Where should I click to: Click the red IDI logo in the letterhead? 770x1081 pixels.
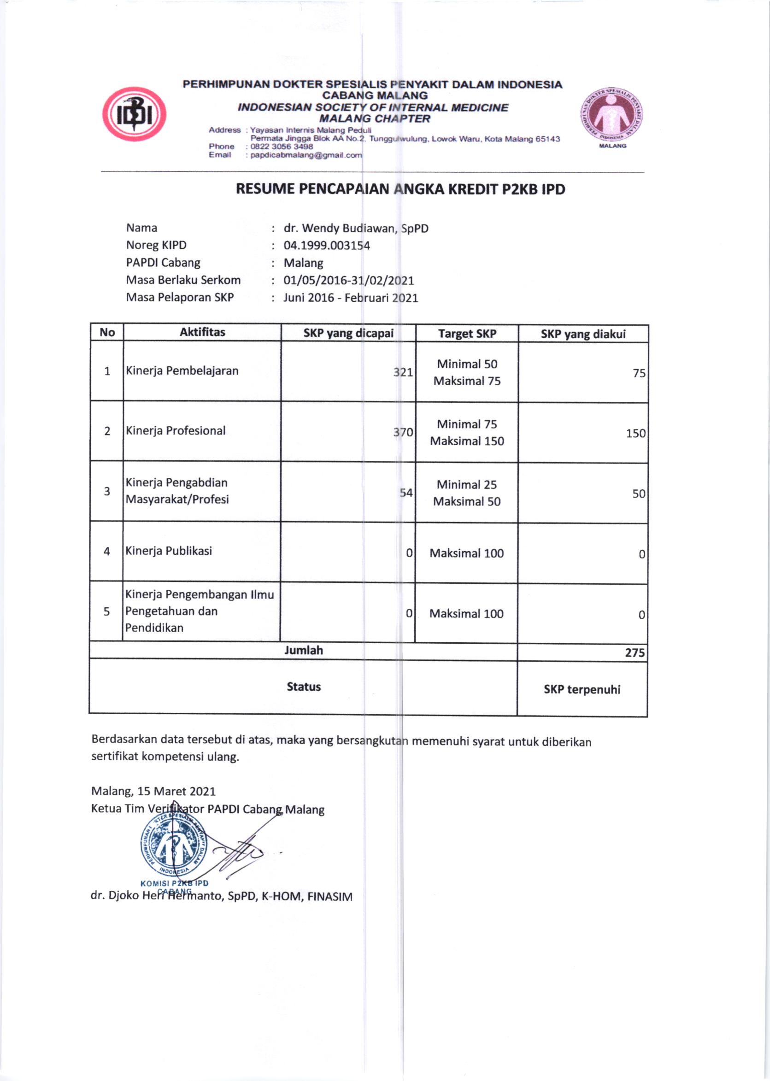pyautogui.click(x=134, y=114)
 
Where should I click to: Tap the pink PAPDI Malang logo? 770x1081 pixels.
pyautogui.click(x=611, y=115)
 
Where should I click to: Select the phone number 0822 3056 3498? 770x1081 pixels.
pyautogui.click(x=282, y=147)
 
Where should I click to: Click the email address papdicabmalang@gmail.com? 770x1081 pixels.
pyautogui.click(x=306, y=155)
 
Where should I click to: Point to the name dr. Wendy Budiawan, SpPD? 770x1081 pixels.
pyautogui.click(x=356, y=229)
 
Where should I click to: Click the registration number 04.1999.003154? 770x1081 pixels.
pyautogui.click(x=327, y=246)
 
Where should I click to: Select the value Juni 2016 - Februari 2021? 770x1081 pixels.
pyautogui.click(x=350, y=298)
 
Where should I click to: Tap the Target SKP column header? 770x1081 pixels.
pyautogui.click(x=467, y=334)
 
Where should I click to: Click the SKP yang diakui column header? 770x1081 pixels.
pyautogui.click(x=583, y=334)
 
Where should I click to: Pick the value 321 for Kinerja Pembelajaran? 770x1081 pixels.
pyautogui.click(x=403, y=372)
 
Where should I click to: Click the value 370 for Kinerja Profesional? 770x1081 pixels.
pyautogui.click(x=403, y=432)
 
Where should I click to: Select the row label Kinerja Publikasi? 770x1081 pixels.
pyautogui.click(x=168, y=551)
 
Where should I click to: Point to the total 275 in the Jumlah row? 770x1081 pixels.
pyautogui.click(x=635, y=653)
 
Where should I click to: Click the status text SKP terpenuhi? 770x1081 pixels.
pyautogui.click(x=582, y=689)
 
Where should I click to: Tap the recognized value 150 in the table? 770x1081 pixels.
pyautogui.click(x=635, y=433)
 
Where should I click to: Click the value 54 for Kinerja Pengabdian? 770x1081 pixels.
pyautogui.click(x=406, y=493)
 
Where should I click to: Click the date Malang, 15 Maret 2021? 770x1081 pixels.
pyautogui.click(x=153, y=791)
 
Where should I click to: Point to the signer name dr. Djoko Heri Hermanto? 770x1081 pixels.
pyautogui.click(x=221, y=896)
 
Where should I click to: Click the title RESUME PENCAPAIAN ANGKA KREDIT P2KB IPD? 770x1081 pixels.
pyautogui.click(x=400, y=189)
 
